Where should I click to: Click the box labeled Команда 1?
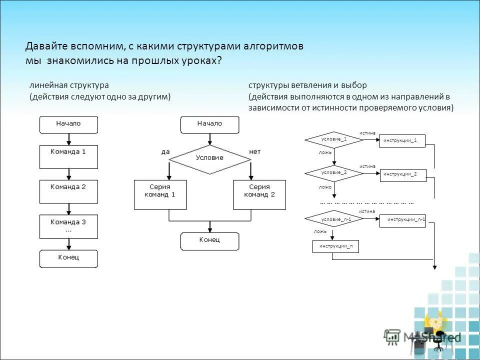69,156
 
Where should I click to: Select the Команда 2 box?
69,191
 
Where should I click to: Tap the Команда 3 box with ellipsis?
69,226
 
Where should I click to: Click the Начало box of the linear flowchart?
69,124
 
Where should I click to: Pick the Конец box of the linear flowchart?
69,258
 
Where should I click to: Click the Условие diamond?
210,159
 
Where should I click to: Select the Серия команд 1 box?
160,194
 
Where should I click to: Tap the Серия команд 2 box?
259,194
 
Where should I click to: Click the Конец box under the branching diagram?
209,241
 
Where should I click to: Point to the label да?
165,151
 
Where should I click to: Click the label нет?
254,151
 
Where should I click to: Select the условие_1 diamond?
334,139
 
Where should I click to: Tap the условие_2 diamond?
334,172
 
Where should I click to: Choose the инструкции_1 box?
402,141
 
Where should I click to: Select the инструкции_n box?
336,246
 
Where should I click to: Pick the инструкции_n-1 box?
406,220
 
